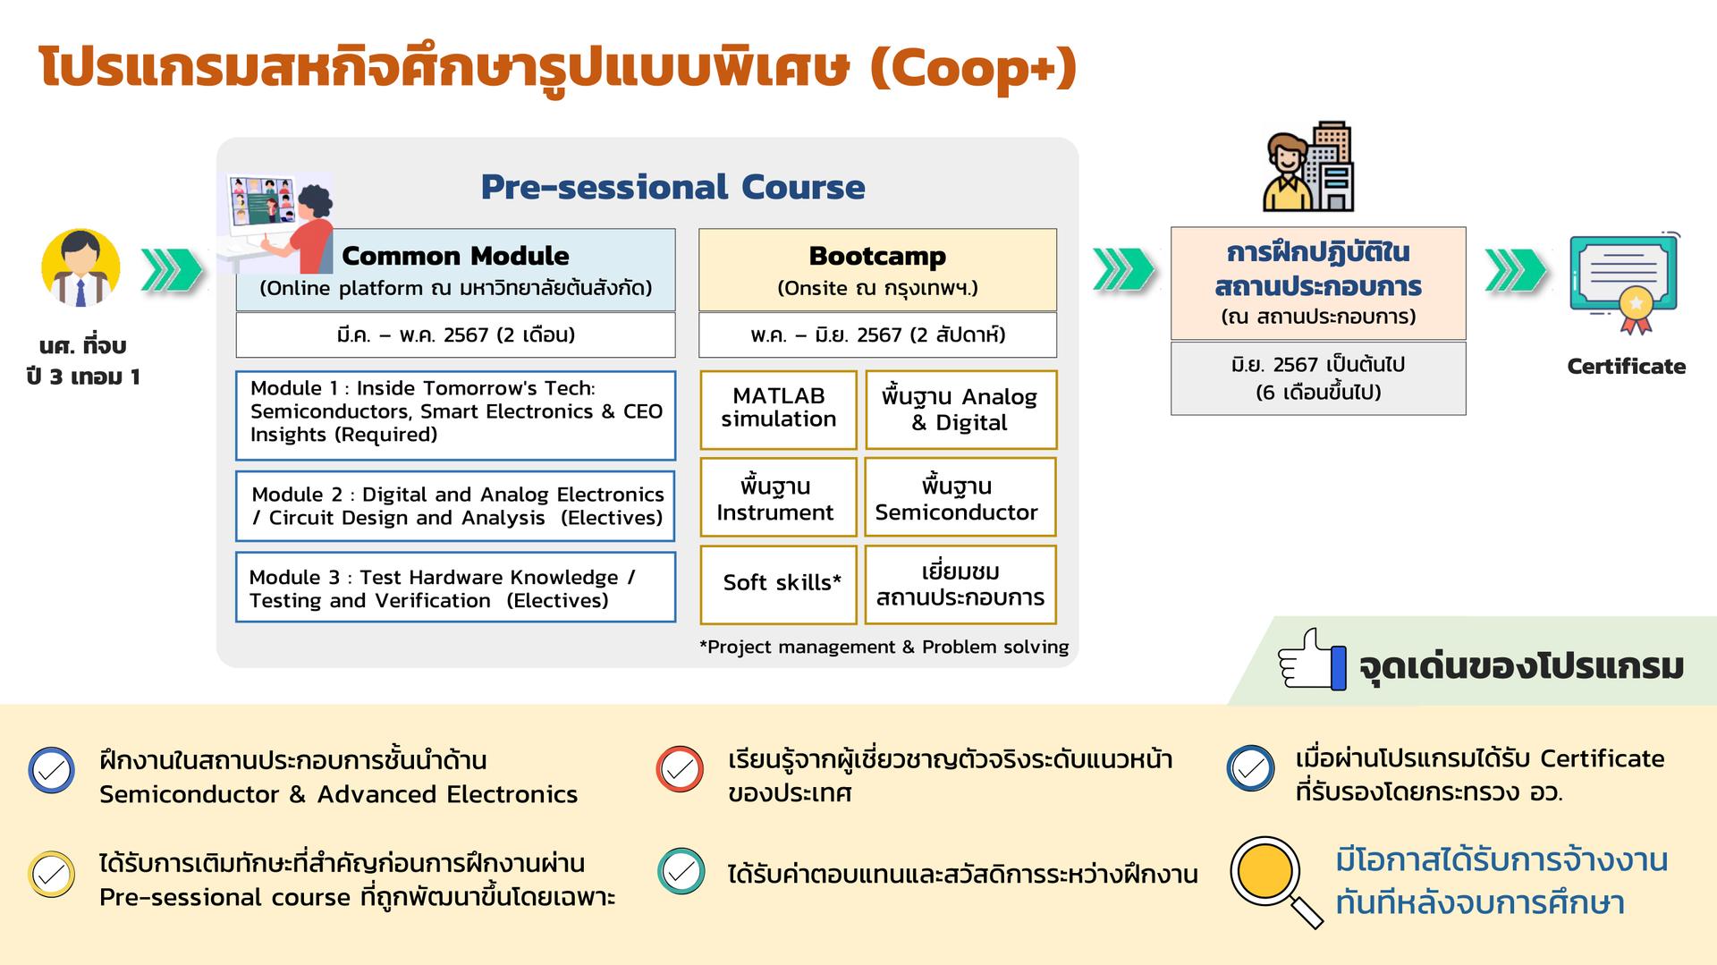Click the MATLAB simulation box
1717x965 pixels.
tap(778, 410)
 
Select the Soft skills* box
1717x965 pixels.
tap(778, 584)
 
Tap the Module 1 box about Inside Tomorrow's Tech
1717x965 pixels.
tap(455, 415)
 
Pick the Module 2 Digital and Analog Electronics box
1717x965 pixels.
tap(455, 506)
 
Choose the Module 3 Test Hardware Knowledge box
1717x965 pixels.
tap(455, 588)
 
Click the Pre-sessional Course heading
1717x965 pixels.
tap(672, 187)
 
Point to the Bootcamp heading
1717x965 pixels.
tap(877, 256)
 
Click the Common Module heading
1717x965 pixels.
tap(455, 256)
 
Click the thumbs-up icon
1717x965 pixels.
tap(1312, 659)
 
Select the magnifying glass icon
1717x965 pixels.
tap(1276, 882)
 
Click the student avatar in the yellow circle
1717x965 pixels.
tap(80, 267)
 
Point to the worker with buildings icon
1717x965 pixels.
tap(1308, 167)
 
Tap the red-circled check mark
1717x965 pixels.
tap(680, 769)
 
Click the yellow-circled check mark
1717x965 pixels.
tap(52, 874)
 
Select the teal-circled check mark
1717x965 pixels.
tap(681, 872)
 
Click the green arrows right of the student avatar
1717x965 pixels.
tap(172, 270)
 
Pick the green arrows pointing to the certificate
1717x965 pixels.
tap(1516, 270)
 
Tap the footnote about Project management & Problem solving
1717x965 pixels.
tap(884, 647)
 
